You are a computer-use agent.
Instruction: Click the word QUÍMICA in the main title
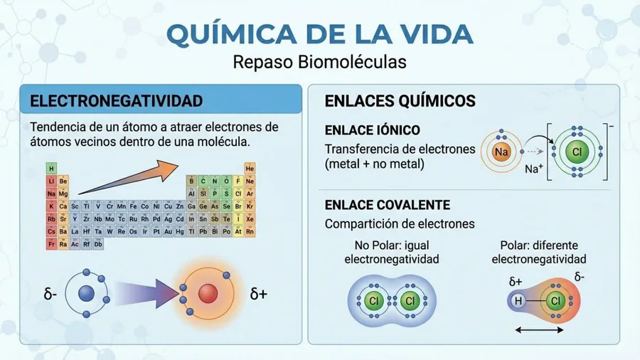[x=232, y=33]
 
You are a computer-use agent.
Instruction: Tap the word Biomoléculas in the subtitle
[x=352, y=62]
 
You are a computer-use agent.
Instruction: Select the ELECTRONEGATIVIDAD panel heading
[x=117, y=101]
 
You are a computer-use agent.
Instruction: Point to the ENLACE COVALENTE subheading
[x=388, y=205]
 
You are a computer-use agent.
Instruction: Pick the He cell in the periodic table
[x=250, y=168]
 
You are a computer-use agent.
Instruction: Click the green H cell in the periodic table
[x=51, y=168]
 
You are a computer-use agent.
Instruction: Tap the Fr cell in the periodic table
[x=51, y=244]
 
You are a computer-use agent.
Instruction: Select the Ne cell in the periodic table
[x=250, y=181]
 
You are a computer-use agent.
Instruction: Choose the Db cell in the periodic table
[x=98, y=244]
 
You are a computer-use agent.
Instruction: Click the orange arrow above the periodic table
[x=128, y=177]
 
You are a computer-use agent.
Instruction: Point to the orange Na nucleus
[x=501, y=152]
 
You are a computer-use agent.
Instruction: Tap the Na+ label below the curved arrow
[x=534, y=169]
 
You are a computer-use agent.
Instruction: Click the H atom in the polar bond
[x=518, y=301]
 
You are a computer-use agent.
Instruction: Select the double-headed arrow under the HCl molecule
[x=539, y=330]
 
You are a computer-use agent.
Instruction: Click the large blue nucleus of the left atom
[x=86, y=293]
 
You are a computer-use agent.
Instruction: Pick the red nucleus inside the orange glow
[x=208, y=293]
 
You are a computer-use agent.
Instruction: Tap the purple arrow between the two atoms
[x=147, y=293]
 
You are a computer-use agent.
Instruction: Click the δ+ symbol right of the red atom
[x=258, y=294]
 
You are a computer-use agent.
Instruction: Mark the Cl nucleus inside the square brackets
[x=577, y=152]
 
